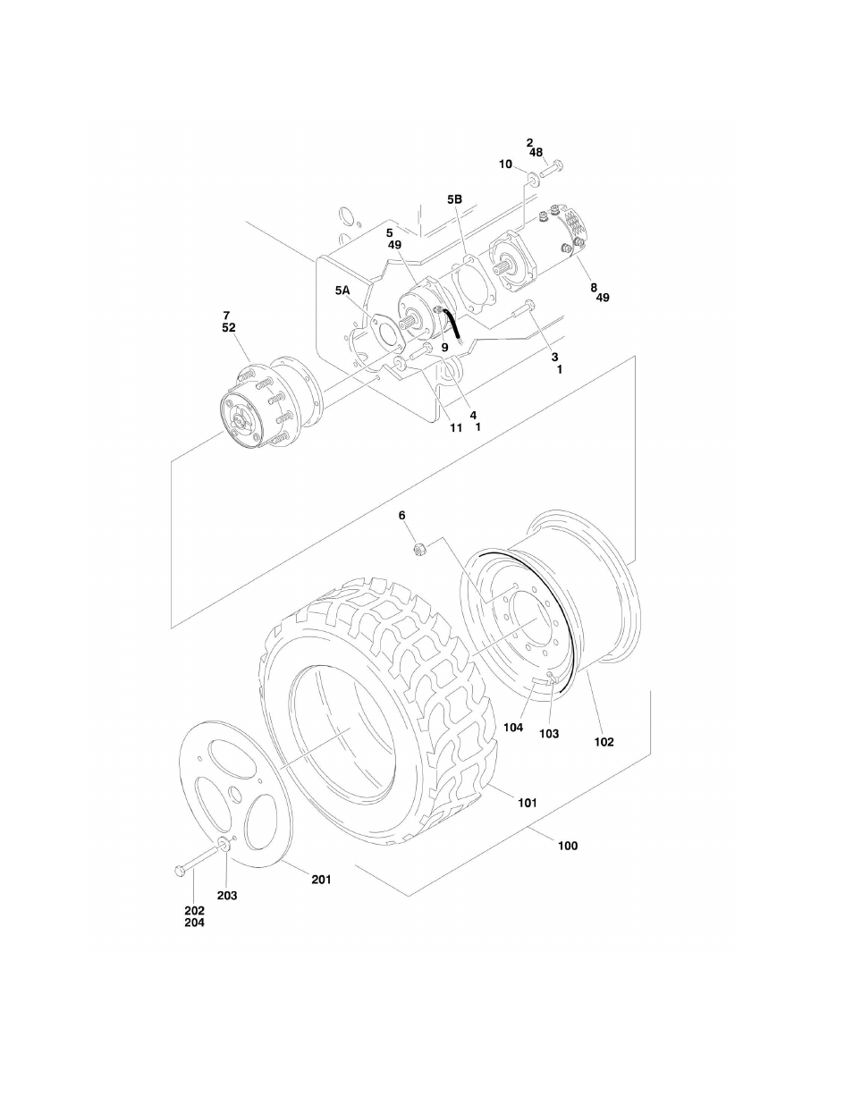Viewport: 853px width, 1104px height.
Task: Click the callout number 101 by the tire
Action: [x=527, y=803]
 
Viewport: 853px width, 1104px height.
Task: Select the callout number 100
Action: [x=567, y=845]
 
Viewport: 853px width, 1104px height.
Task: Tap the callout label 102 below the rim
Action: [x=604, y=741]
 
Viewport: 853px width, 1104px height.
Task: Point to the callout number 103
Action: [x=548, y=733]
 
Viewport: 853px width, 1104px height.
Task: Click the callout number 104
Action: [x=512, y=728]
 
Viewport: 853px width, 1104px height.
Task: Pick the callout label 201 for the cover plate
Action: [x=321, y=879]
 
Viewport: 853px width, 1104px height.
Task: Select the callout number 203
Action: [x=226, y=895]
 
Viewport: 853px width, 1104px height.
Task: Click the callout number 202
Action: [x=194, y=911]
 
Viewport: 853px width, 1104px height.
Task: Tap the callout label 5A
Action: [x=343, y=291]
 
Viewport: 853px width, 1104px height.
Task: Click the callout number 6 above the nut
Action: [x=401, y=516]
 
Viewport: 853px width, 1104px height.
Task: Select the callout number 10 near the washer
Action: [x=505, y=164]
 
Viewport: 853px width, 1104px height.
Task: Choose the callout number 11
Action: [x=455, y=427]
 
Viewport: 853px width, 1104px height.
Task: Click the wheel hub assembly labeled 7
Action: [x=261, y=407]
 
